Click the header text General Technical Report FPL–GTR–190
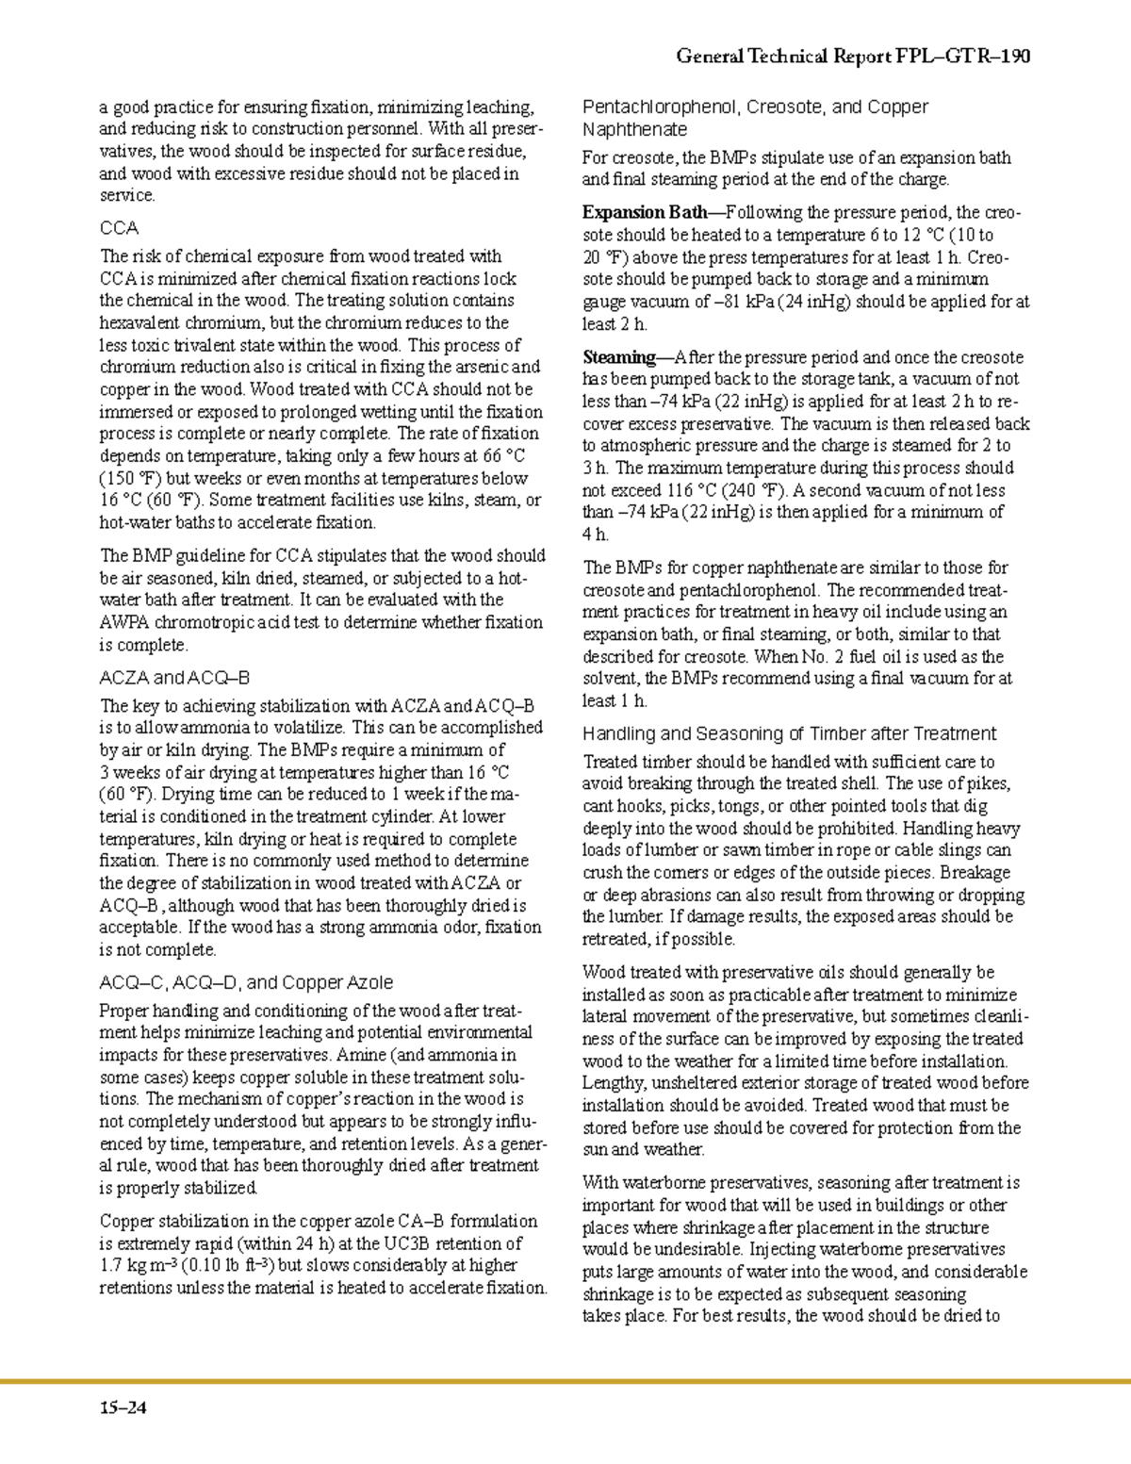click(x=853, y=57)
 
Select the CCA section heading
click(x=119, y=228)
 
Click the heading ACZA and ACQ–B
click(x=174, y=678)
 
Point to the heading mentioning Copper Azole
click(x=246, y=982)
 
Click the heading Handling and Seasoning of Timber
click(x=789, y=733)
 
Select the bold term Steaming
click(x=617, y=357)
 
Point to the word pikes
click(x=991, y=783)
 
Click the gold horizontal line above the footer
click(x=565, y=1382)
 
